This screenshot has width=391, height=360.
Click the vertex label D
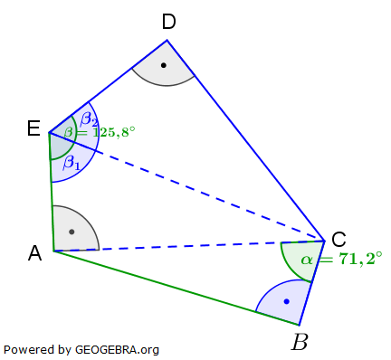pyautogui.click(x=168, y=22)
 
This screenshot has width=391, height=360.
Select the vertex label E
pyautogui.click(x=33, y=130)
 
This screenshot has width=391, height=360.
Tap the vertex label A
pyautogui.click(x=35, y=254)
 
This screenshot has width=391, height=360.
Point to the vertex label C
pyautogui.click(x=339, y=239)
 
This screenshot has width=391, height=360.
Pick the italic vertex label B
pyautogui.click(x=299, y=342)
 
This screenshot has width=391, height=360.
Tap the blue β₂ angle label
pyautogui.click(x=89, y=118)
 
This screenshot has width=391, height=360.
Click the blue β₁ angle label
pyautogui.click(x=72, y=163)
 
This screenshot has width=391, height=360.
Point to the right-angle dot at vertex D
pyautogui.click(x=163, y=65)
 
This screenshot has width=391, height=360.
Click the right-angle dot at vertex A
pyautogui.click(x=71, y=232)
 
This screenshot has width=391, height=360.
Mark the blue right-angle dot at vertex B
pyautogui.click(x=286, y=301)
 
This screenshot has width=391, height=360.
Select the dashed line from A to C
pyautogui.click(x=190, y=245)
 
